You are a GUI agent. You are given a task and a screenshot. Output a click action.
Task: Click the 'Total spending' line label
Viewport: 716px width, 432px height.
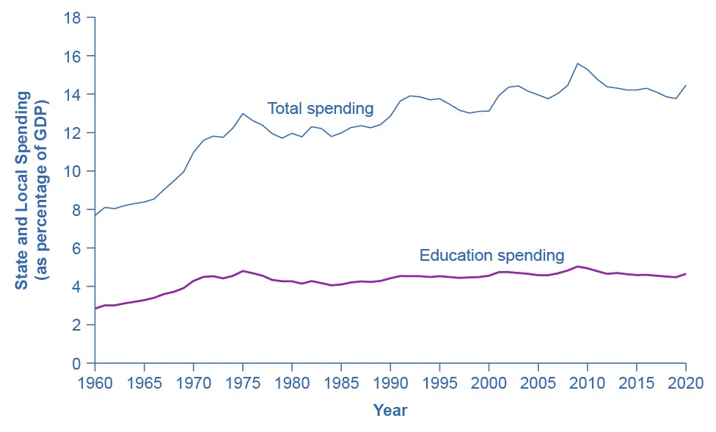pyautogui.click(x=320, y=109)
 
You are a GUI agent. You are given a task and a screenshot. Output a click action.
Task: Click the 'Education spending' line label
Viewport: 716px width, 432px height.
pyautogui.click(x=492, y=256)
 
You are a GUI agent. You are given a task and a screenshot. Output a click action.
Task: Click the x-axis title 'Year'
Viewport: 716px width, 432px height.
pyautogui.click(x=390, y=410)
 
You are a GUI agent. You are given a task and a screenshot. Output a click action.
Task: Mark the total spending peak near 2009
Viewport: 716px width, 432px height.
pyautogui.click(x=577, y=64)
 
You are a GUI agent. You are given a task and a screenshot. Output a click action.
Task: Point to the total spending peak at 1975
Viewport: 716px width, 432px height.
pyautogui.click(x=243, y=114)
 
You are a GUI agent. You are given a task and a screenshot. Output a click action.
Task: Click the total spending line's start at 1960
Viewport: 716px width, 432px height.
pyautogui.click(x=95, y=215)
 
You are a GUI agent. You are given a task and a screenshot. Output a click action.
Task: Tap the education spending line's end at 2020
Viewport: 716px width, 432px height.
pyautogui.click(x=685, y=274)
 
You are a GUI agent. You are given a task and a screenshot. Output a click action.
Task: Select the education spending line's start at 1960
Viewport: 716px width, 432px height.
pyautogui.click(x=95, y=309)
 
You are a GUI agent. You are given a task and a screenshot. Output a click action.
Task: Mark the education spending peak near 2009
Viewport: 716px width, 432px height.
pyautogui.click(x=577, y=267)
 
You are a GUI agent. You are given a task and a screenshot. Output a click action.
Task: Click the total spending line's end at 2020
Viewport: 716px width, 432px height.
pyautogui.click(x=685, y=85)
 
